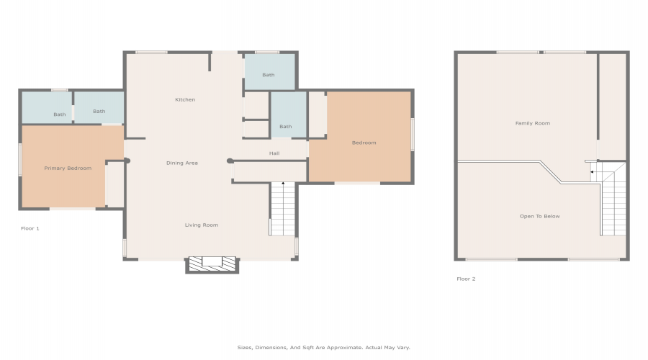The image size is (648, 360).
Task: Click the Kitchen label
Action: click(x=185, y=99)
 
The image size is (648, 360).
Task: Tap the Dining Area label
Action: click(x=182, y=163)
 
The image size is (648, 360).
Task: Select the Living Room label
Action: click(x=202, y=225)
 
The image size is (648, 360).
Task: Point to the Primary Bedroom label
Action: click(x=68, y=168)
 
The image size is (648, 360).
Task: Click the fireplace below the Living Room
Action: click(x=212, y=264)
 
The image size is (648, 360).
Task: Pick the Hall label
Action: click(x=274, y=153)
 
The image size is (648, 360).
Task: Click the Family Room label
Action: click(x=533, y=123)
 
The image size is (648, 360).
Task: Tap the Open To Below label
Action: click(x=540, y=216)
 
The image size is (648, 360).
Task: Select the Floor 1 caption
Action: click(x=30, y=228)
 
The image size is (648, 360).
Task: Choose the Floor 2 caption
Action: click(x=466, y=279)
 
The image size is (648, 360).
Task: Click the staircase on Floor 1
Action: click(x=283, y=209)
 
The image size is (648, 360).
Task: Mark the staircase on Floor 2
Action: click(x=613, y=199)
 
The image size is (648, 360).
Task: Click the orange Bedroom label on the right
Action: click(x=364, y=143)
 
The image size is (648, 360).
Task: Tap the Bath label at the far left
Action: click(x=60, y=114)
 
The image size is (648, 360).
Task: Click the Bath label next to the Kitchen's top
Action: click(x=269, y=75)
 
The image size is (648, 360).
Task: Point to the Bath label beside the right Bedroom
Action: click(x=286, y=127)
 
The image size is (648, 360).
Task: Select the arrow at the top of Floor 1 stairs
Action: click(x=283, y=183)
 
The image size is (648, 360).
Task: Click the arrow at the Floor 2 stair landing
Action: click(x=593, y=171)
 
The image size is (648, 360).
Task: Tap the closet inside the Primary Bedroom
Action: click(x=115, y=184)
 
